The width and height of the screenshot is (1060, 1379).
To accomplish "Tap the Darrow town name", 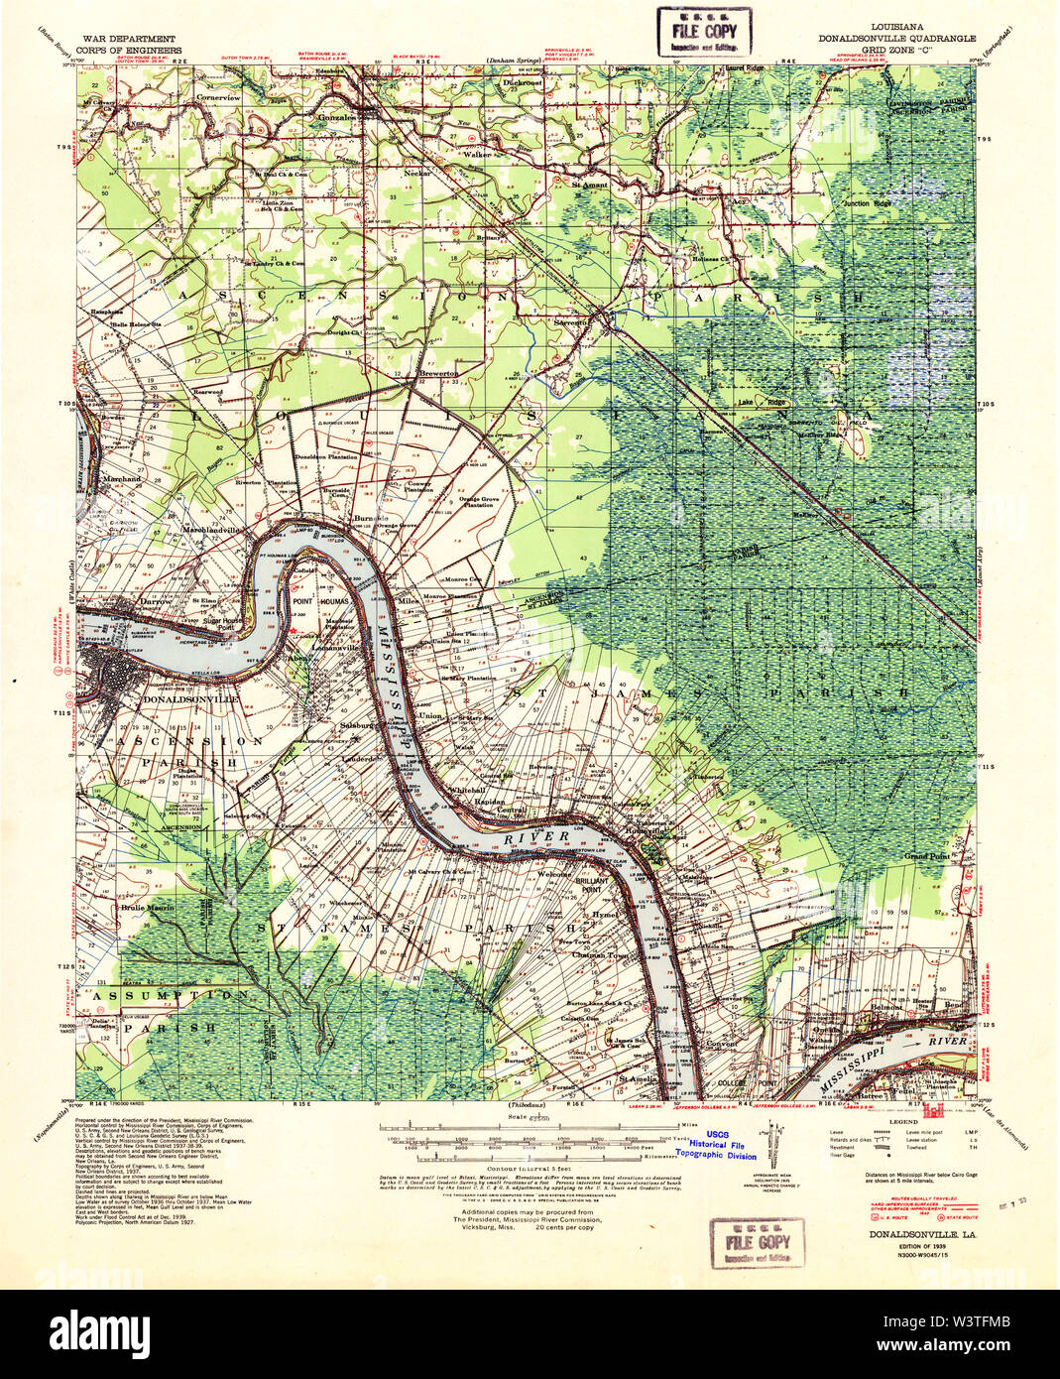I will pos(156,601).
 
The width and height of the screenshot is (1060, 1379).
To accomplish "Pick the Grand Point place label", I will pos(926,855).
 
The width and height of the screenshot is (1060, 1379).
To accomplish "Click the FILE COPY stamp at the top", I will pos(703,31).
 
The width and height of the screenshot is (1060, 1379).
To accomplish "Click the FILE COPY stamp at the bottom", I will pos(758,1242).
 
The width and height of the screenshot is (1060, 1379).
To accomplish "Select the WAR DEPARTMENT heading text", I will pos(120,38).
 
